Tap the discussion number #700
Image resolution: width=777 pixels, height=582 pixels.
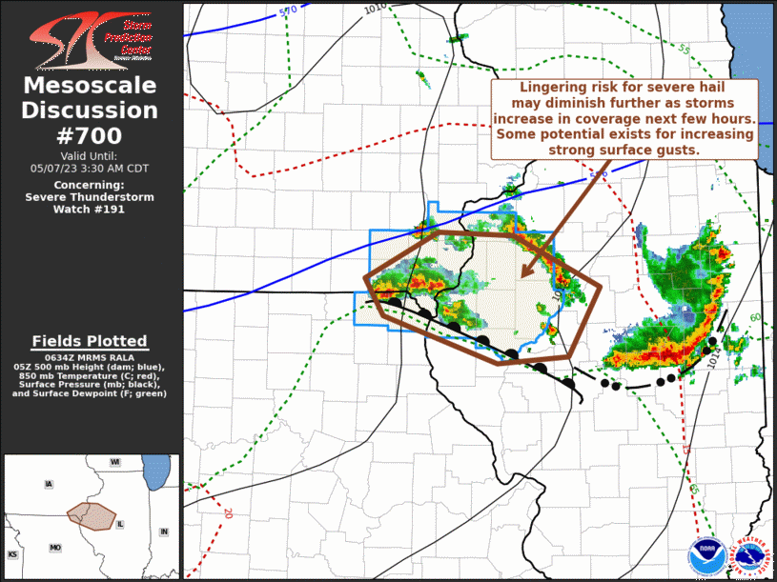point(91,136)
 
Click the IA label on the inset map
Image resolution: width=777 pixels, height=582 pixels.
point(48,485)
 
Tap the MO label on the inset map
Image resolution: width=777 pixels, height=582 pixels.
point(55,548)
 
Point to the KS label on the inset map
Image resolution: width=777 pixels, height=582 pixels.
point(13,553)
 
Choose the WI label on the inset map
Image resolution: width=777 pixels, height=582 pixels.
point(113,462)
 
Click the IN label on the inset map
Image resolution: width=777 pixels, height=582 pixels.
point(163,532)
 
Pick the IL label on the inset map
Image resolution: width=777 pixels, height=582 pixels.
point(120,525)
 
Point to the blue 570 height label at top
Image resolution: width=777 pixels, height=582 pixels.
point(288,10)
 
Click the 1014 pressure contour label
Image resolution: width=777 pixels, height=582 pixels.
point(714,357)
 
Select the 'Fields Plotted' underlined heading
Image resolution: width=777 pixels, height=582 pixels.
point(90,341)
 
